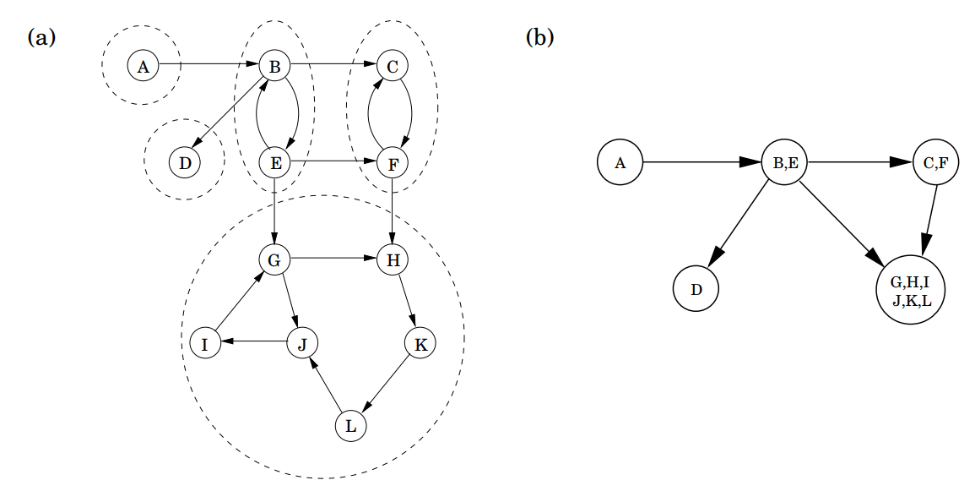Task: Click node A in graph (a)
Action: [x=143, y=66]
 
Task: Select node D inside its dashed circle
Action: [x=185, y=163]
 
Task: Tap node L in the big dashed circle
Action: [x=350, y=427]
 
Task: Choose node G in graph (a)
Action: [x=274, y=259]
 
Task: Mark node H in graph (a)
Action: [x=393, y=259]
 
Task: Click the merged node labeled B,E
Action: [x=785, y=162]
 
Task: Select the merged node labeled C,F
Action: [x=936, y=162]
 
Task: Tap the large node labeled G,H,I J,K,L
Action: [x=910, y=290]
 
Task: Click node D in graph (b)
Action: [x=696, y=289]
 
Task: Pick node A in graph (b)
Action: [x=620, y=162]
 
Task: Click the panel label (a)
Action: [x=41, y=38]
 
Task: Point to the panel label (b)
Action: [x=539, y=38]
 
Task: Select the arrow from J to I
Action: [x=253, y=341]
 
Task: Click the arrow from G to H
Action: [x=333, y=257]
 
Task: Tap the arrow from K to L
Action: [x=386, y=383]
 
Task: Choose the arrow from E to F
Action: [x=334, y=162]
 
